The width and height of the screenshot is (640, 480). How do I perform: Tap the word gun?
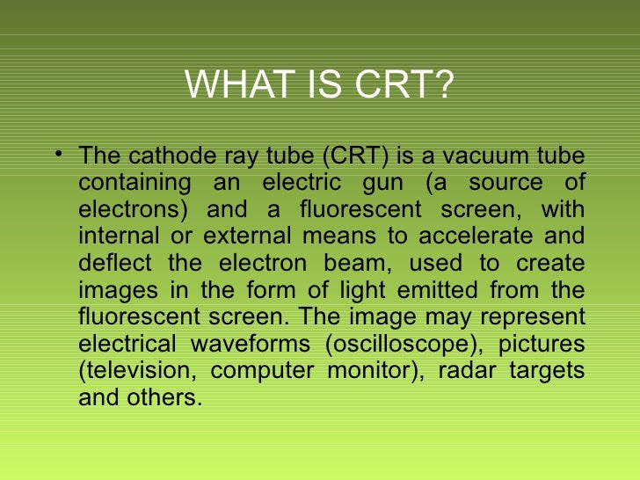point(378,185)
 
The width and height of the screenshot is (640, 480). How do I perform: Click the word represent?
point(534,316)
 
